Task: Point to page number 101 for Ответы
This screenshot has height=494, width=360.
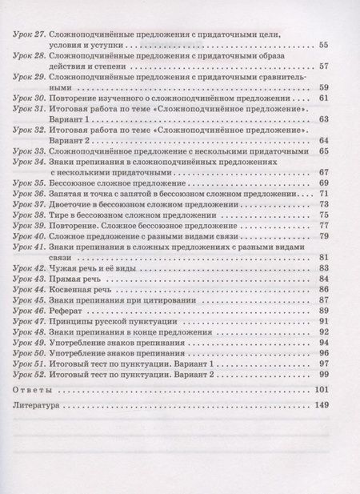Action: point(322,389)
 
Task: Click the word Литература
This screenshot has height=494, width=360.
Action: point(42,405)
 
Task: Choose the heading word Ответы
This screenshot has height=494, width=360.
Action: point(34,389)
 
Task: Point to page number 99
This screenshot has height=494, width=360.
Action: point(324,373)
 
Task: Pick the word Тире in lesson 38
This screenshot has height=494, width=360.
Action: point(58,215)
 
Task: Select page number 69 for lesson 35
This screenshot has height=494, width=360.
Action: point(324,183)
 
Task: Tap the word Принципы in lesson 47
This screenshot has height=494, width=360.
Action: point(69,320)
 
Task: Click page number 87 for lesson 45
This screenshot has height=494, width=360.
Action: point(324,299)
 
